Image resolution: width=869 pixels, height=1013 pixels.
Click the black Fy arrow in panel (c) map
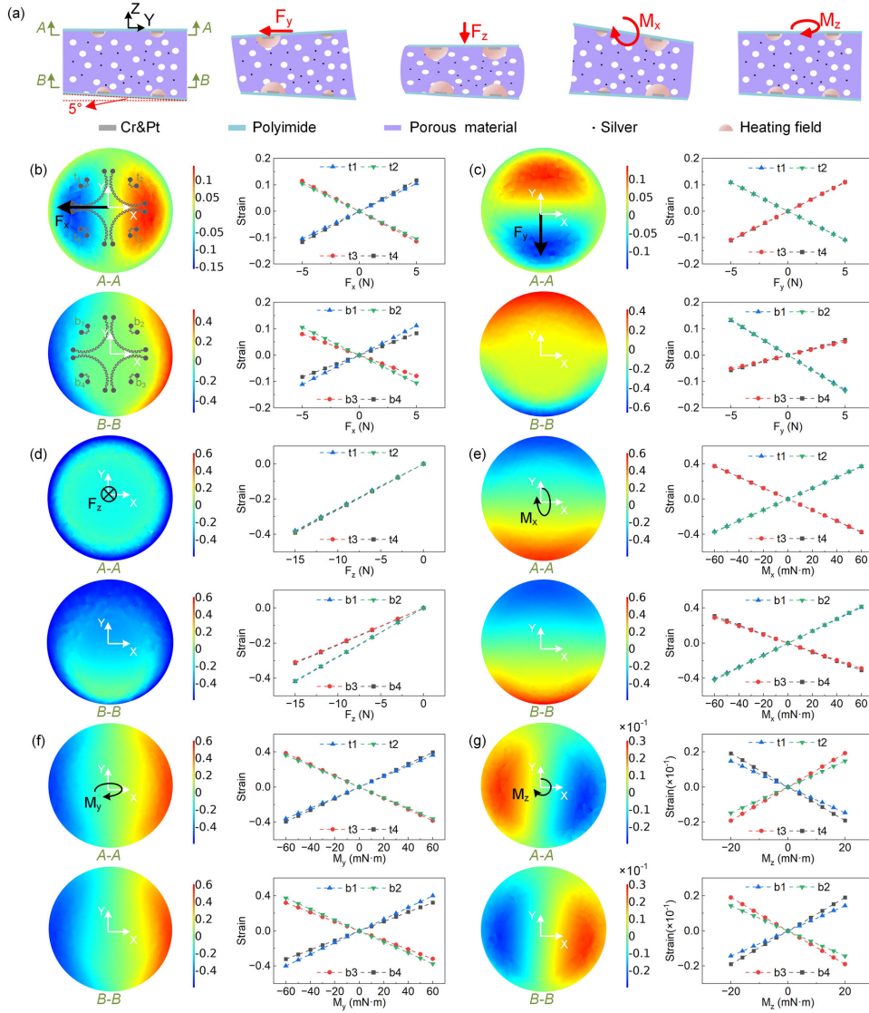pos(542,234)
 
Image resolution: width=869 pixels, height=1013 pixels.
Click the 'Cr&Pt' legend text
pos(141,128)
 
